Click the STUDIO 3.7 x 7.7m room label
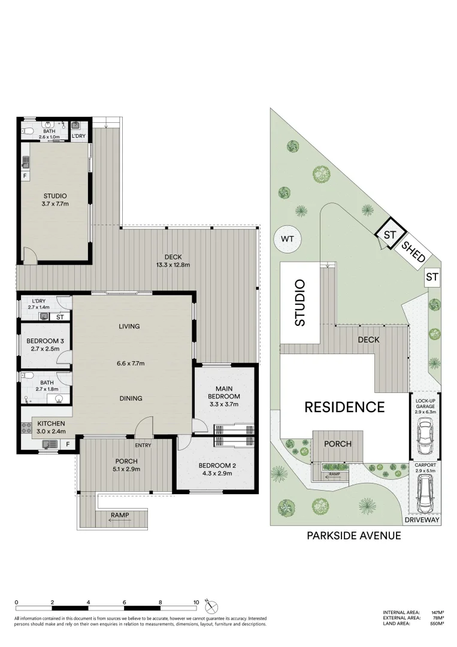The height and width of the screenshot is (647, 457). point(55,200)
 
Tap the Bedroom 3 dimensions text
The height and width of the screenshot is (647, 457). point(41,349)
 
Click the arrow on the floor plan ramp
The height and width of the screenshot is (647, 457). point(117,521)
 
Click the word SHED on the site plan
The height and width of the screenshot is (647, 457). point(413,252)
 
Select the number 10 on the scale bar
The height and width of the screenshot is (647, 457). point(196,603)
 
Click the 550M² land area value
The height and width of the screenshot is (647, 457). point(437,624)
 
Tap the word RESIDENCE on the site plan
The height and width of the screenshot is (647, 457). point(344,407)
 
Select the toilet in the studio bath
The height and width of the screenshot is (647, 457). point(27,131)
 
